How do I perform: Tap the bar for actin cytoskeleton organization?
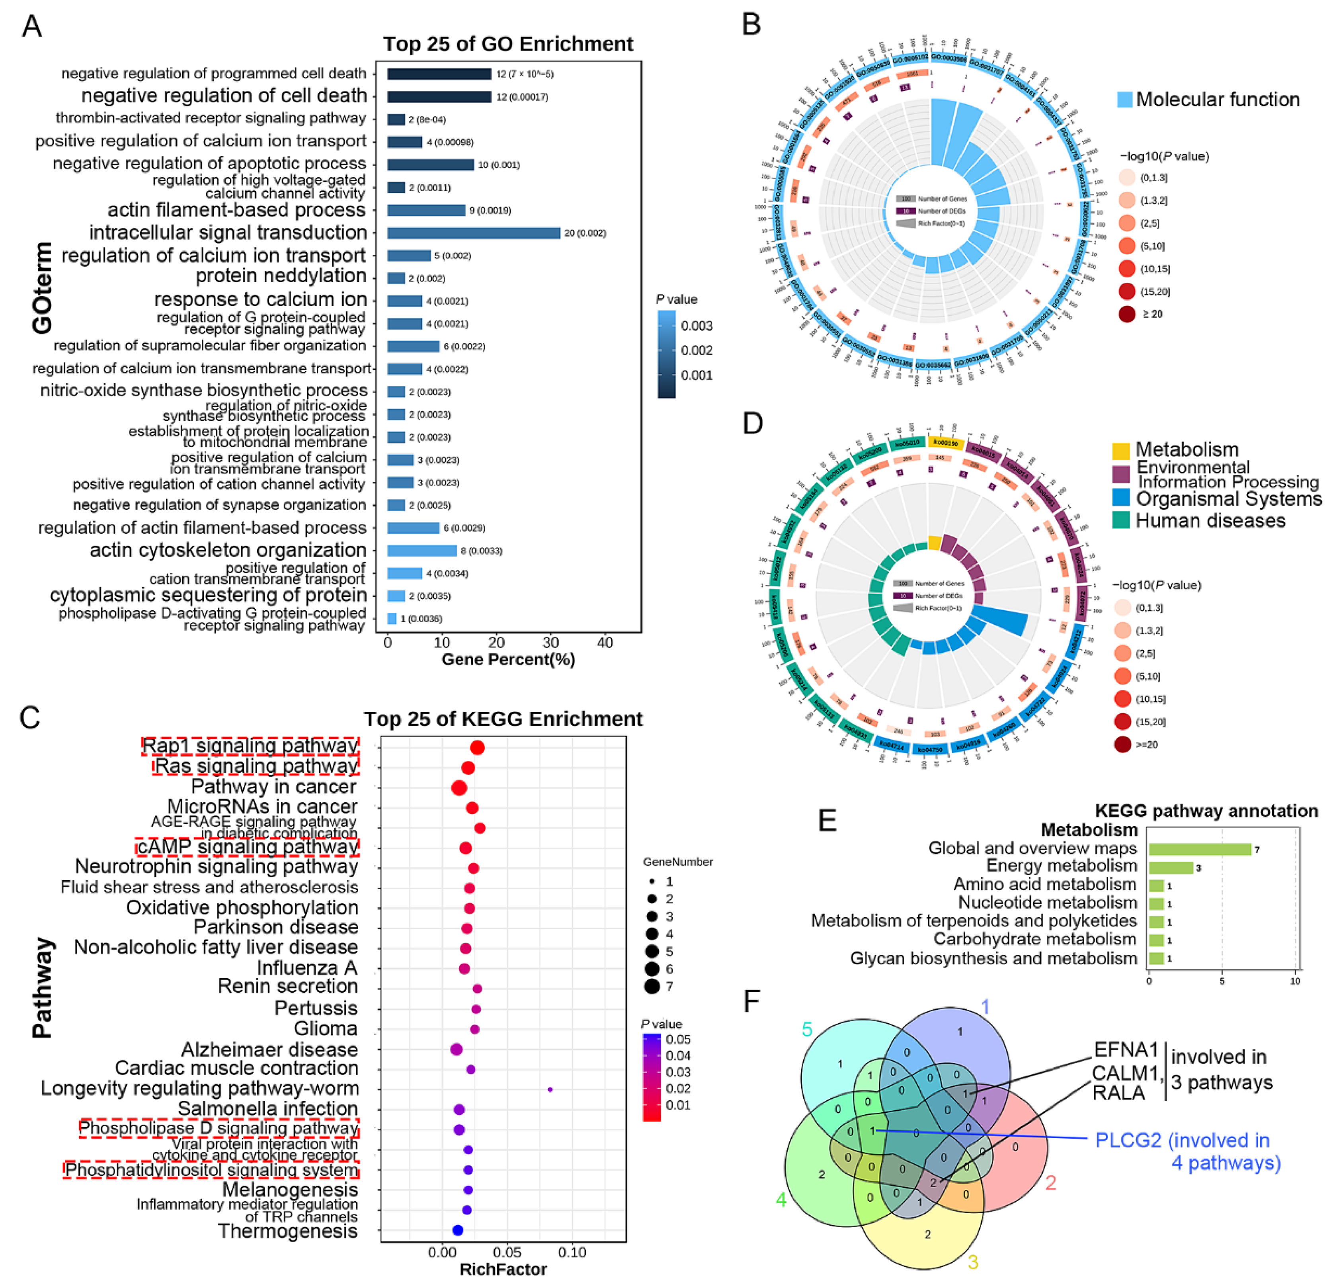pos(422,551)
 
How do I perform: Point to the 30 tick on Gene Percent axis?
pos(551,643)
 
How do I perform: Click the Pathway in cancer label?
pos(273,787)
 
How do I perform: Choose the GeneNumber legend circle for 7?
pos(652,987)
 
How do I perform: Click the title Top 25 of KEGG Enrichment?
pos(503,719)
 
